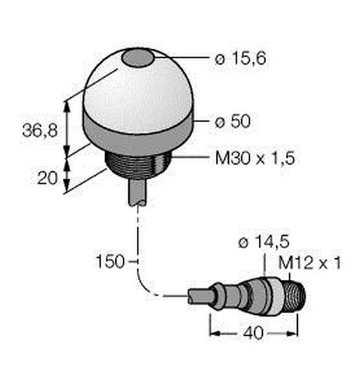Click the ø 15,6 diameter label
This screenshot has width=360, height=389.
(x=240, y=58)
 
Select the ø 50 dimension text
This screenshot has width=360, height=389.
(x=232, y=121)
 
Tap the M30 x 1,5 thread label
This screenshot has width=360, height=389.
(x=255, y=158)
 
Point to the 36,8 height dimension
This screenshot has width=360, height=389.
(x=40, y=131)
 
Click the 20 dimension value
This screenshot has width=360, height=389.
(x=47, y=178)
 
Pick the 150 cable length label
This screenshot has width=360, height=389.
(x=110, y=261)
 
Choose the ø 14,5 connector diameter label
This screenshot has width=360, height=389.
(x=264, y=243)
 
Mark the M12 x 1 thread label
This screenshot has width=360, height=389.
(x=309, y=263)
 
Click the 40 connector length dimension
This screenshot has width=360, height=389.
(x=253, y=333)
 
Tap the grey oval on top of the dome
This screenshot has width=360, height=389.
(x=138, y=58)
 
